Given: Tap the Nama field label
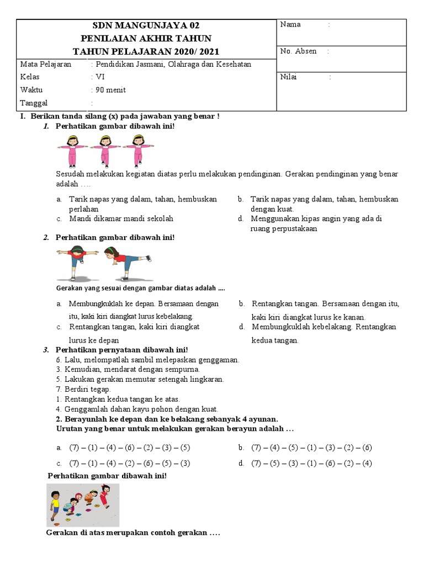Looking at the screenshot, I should (290, 24).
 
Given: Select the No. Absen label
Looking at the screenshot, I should (298, 51).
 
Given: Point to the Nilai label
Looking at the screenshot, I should (288, 77).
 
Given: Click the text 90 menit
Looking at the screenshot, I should (110, 90).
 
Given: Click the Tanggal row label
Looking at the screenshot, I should (34, 103).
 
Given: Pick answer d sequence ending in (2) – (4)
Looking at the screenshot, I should (312, 463).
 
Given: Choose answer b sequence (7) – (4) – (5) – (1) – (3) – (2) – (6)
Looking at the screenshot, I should (312, 447).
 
